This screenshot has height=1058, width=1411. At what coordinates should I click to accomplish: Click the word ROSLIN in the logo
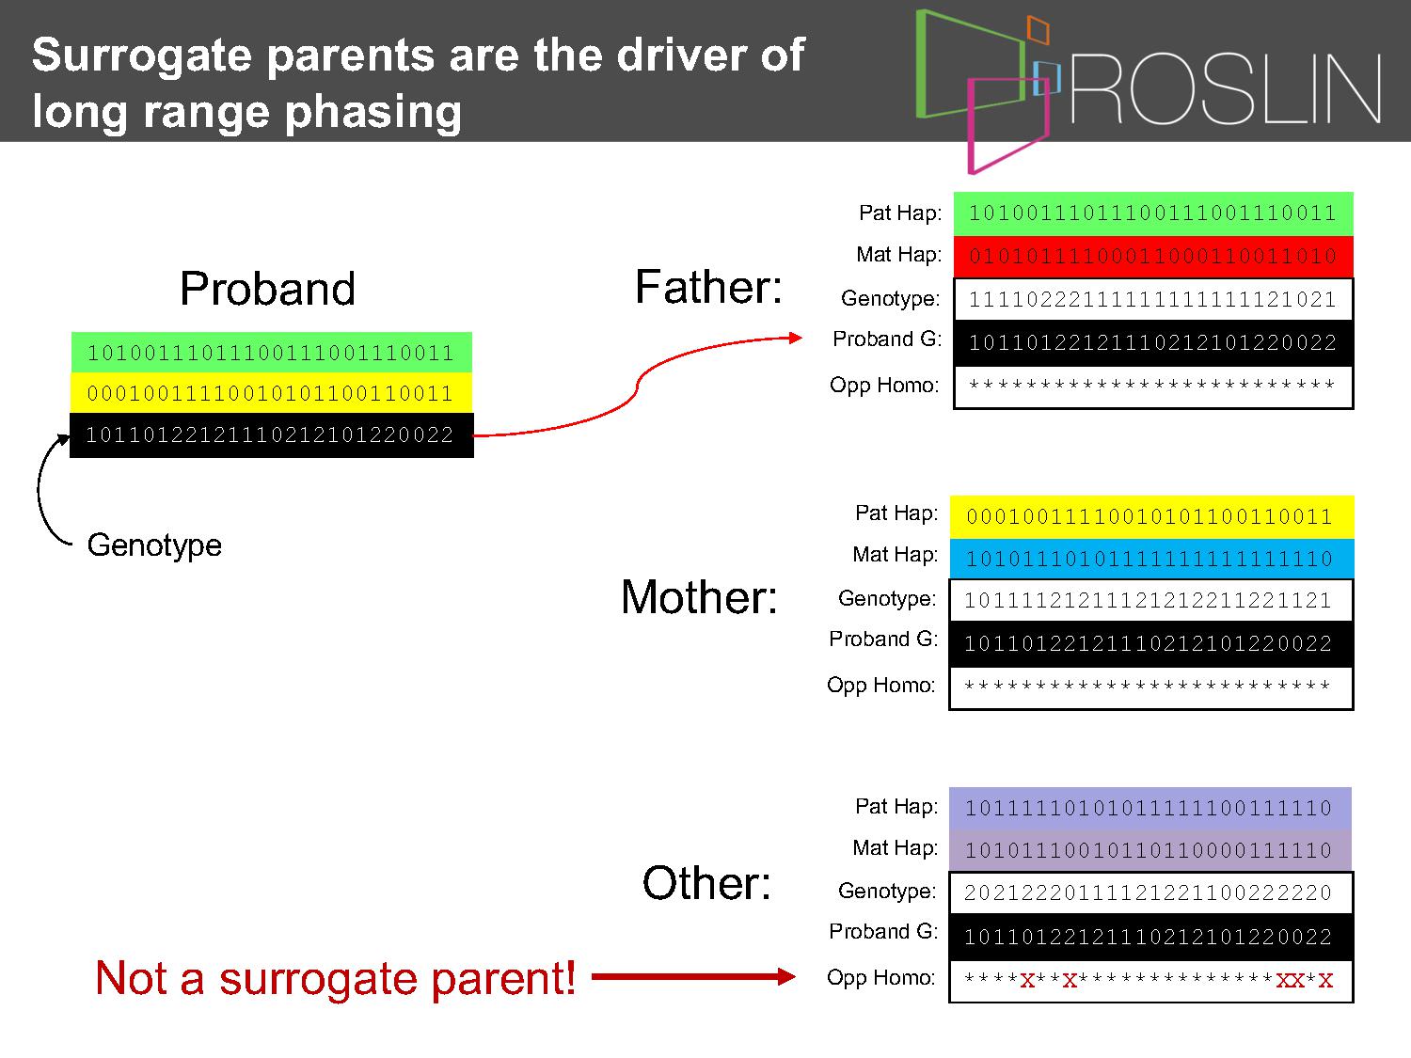(x=1226, y=88)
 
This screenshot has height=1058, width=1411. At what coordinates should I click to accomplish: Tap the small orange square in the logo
(x=1038, y=29)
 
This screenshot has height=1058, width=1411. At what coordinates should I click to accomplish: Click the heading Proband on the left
(x=267, y=289)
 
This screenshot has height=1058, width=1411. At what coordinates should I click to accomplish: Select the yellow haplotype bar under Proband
(x=271, y=392)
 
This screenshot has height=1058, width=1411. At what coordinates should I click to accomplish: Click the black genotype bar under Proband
(x=271, y=434)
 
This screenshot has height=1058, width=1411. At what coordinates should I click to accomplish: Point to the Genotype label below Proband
(x=154, y=545)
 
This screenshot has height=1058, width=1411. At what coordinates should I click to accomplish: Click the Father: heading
(x=708, y=287)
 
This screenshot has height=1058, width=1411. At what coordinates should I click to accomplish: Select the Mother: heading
(x=700, y=597)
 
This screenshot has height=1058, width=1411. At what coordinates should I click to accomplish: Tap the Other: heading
(x=706, y=883)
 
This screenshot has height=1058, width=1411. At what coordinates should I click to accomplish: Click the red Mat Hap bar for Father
(x=1153, y=257)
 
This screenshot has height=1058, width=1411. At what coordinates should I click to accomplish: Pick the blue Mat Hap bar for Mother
(x=1151, y=559)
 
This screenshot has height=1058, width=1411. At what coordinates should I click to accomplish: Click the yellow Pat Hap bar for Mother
(x=1151, y=516)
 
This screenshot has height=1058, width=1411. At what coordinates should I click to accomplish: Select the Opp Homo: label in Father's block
(x=884, y=386)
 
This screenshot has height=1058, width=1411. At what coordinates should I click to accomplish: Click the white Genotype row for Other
(x=1151, y=892)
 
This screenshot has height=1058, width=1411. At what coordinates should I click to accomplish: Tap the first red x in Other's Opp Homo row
(x=1027, y=981)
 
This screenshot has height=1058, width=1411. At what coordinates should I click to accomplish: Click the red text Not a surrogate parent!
(x=335, y=978)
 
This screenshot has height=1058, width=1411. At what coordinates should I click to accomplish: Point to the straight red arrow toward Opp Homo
(x=693, y=977)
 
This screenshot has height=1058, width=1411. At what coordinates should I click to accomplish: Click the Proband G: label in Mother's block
(x=883, y=640)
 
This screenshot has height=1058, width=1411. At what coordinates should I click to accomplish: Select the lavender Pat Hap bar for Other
(x=1150, y=808)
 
